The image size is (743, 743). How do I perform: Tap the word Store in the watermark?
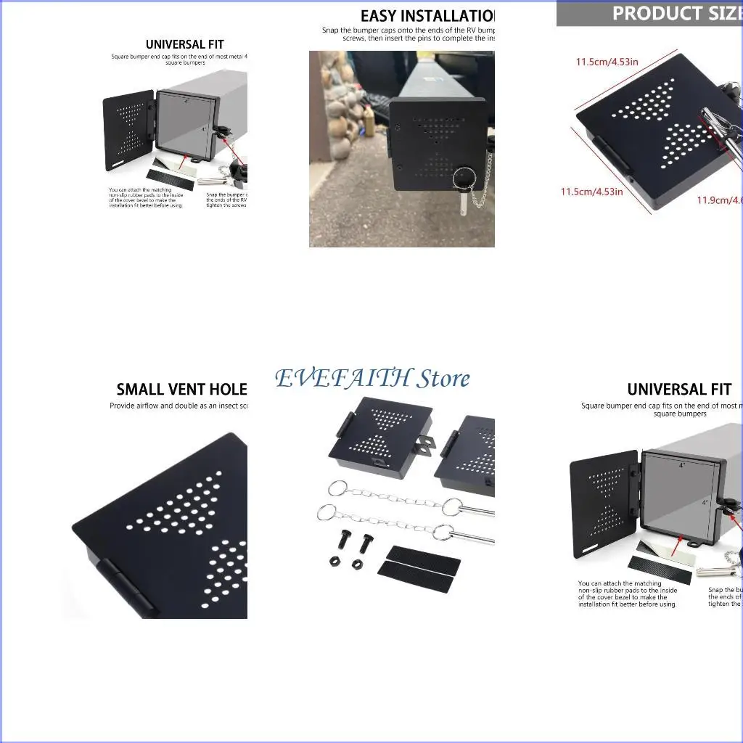443,378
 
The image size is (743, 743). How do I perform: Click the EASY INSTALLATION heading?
427,16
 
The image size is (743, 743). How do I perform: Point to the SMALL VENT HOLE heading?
181,390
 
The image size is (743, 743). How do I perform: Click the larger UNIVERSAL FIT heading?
679,390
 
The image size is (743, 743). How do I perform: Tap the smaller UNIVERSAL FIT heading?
185,44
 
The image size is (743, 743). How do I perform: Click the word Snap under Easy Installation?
331,30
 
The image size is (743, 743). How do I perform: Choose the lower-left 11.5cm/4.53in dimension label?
591,192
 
